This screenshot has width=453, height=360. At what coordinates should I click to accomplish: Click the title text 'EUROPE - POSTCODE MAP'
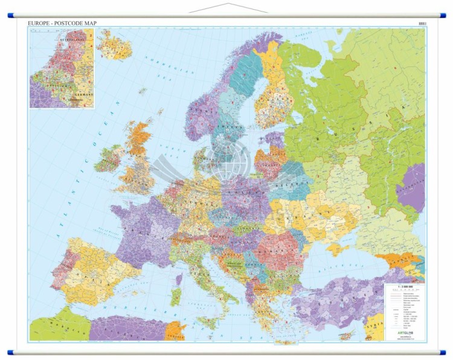pos(62,23)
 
